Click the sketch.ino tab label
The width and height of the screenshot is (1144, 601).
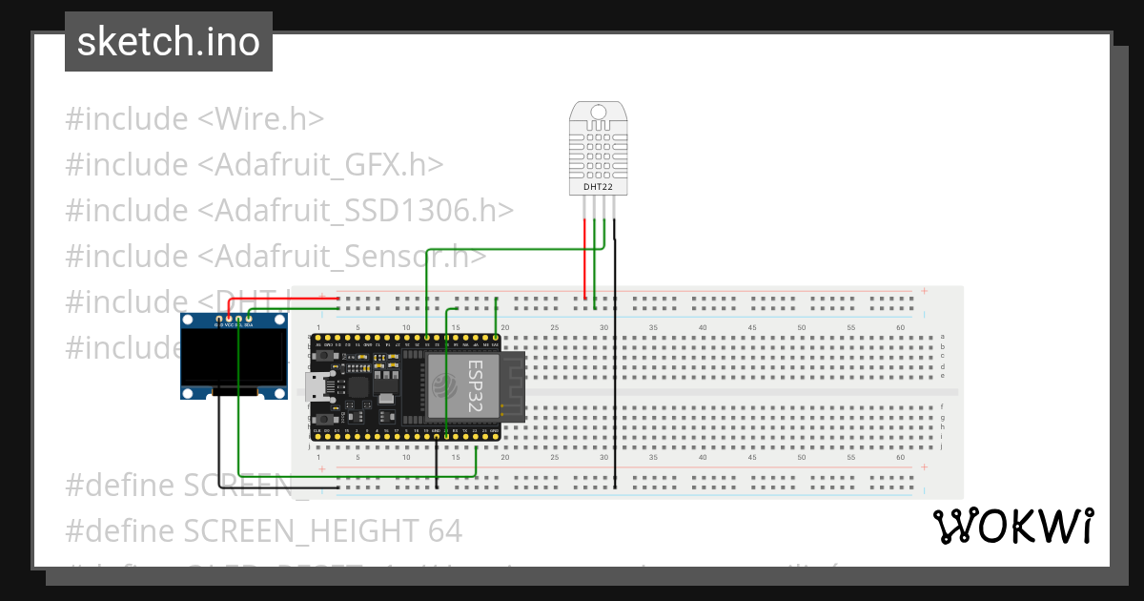[169, 42]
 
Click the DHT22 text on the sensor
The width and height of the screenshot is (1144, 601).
[599, 188]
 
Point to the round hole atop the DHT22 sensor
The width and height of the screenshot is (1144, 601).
[599, 113]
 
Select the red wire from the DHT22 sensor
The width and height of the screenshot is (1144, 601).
[584, 258]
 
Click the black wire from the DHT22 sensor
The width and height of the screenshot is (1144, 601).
[615, 382]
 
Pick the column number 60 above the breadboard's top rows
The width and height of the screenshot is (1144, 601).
[900, 328]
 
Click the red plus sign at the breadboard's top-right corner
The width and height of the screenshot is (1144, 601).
[923, 291]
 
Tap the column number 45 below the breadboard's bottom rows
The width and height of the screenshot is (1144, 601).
[752, 458]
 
